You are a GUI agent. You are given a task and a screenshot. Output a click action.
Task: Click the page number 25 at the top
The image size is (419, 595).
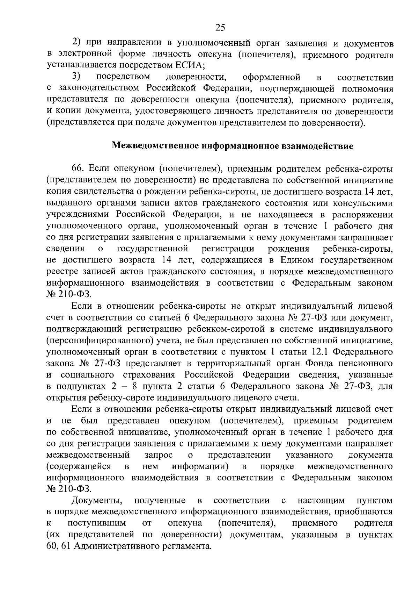coord(220,28)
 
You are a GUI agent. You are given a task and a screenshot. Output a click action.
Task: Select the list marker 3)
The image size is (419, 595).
coord(76,77)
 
